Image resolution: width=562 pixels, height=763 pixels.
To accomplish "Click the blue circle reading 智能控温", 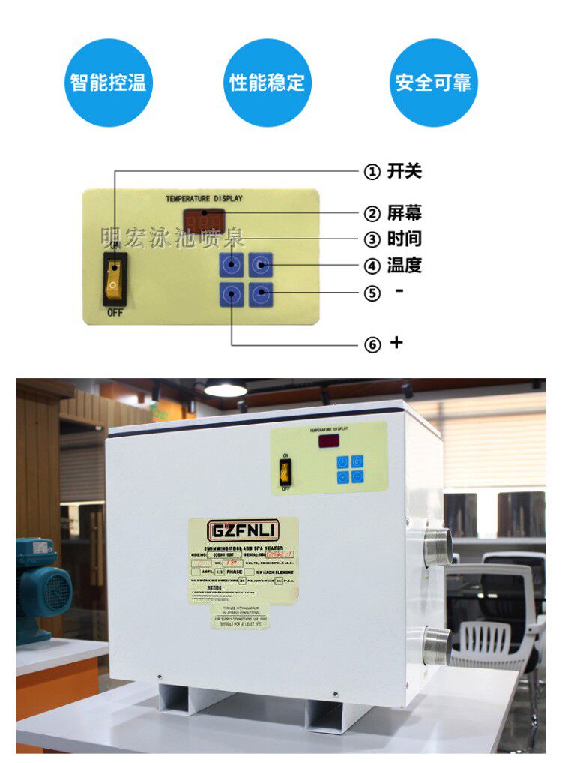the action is pos(108,83).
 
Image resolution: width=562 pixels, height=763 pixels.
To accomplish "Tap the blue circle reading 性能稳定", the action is pos(268,83).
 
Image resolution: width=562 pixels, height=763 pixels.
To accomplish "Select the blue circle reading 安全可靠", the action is pos(434,83).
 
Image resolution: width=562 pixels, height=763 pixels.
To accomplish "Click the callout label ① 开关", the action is pos(393,172).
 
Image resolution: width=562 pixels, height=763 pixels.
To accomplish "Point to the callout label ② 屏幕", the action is pos(393,214).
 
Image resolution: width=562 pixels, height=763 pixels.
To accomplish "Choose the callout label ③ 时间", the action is pos(393,239).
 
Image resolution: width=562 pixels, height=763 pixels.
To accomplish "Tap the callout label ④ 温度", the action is pos(393,266).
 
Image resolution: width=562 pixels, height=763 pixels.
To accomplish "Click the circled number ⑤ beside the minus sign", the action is pos(372,293).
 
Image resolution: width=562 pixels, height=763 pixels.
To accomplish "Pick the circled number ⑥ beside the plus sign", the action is pos(372,344).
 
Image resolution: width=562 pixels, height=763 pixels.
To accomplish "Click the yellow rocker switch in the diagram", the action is pos(114,278).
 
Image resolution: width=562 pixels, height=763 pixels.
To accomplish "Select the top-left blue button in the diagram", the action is pos(232,265).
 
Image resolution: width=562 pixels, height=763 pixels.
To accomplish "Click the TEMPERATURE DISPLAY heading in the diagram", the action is pos(204,199).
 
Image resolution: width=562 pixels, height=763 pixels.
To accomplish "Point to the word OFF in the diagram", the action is pos(115,313).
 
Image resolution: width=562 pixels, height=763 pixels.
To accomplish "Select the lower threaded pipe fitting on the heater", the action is pos(436,644).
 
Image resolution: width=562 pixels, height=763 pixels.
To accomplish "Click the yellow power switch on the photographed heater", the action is pos(285,470).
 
